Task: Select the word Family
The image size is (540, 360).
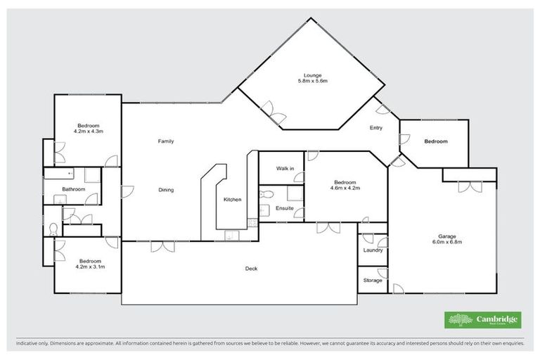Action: click(165, 141)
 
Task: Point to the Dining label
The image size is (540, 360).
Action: click(165, 190)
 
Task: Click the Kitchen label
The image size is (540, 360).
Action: click(233, 200)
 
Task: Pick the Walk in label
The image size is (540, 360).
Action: click(285, 169)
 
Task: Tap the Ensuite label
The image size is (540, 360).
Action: click(285, 208)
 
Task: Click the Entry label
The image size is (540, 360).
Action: click(376, 128)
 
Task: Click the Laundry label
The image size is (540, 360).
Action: click(373, 250)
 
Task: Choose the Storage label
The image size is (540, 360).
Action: click(373, 281)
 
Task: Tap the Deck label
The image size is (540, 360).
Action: click(251, 269)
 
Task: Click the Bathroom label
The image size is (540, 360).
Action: click(73, 189)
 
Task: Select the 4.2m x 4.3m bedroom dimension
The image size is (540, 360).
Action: click(89, 131)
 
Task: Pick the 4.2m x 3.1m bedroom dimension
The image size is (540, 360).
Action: click(89, 267)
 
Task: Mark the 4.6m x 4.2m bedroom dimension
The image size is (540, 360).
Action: click(345, 188)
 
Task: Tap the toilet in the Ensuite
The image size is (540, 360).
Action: click(265, 194)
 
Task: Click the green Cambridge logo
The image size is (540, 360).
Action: click(483, 320)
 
